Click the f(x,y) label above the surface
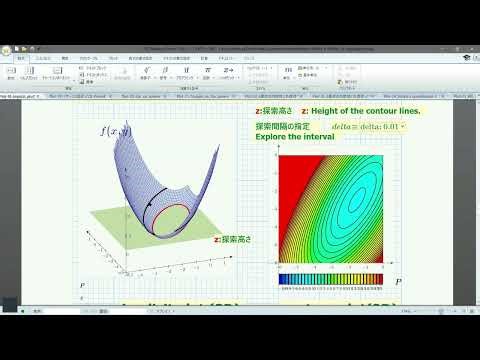click(x=116, y=131)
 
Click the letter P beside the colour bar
click(x=398, y=283)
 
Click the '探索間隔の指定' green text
click(x=283, y=126)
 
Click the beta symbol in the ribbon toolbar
click(x=164, y=70)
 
